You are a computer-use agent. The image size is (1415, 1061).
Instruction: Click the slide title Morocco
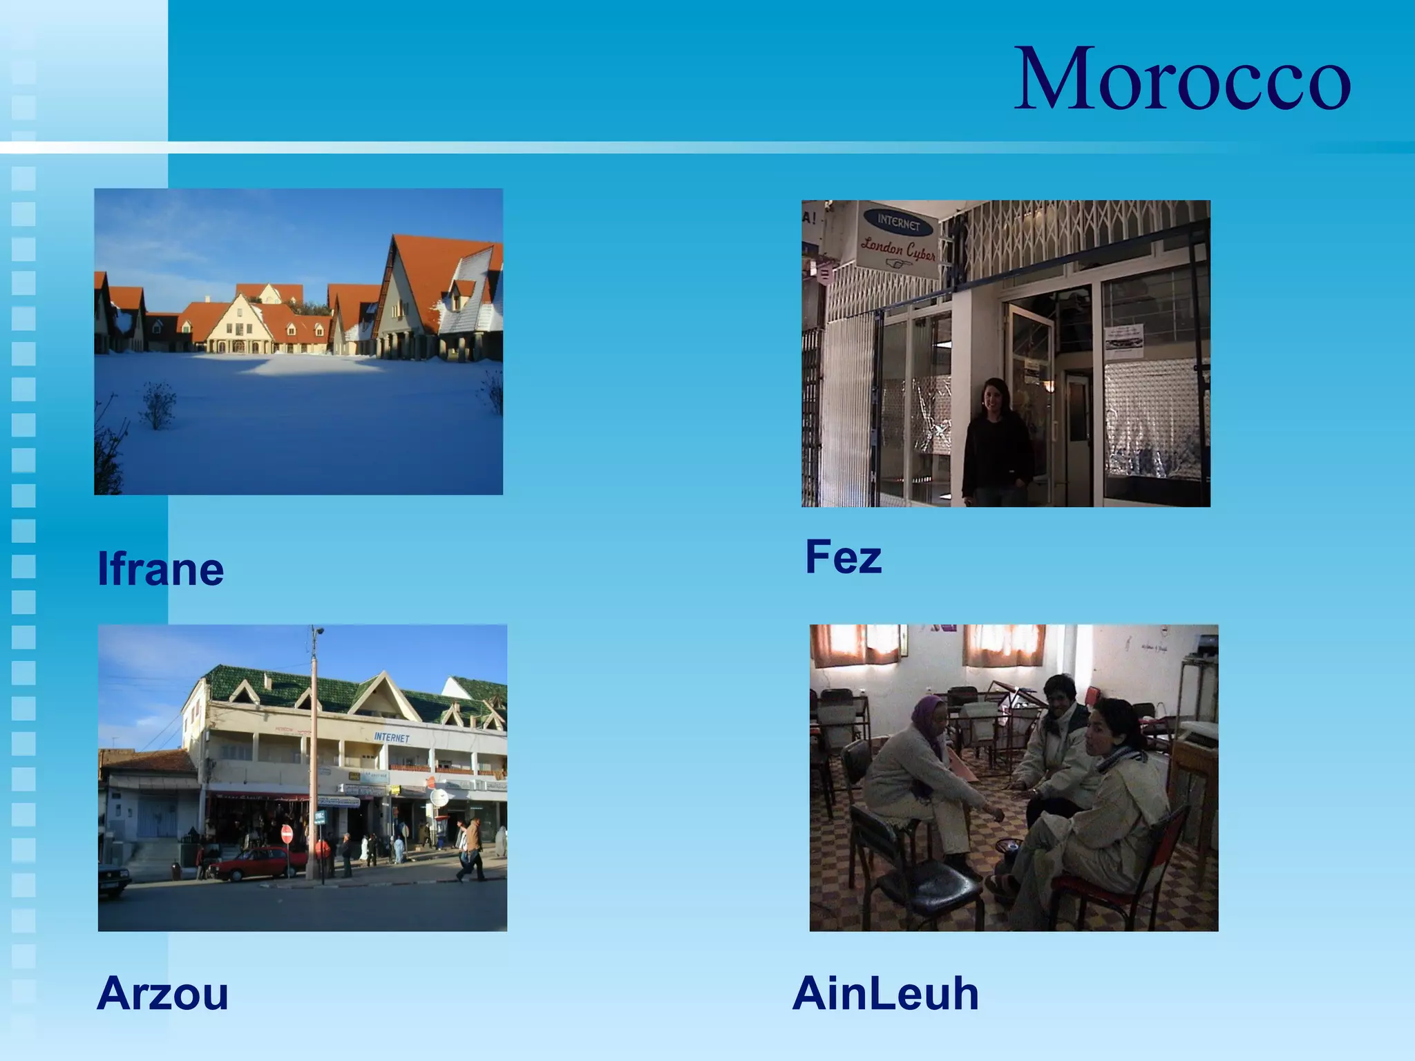1181,79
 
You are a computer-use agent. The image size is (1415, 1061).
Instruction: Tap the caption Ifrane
160,569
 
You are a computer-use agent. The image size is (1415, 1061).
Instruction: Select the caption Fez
843,557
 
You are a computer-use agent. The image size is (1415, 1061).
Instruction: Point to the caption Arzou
162,993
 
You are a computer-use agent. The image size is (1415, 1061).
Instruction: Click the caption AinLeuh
885,993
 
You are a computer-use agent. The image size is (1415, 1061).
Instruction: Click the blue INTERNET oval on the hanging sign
898,222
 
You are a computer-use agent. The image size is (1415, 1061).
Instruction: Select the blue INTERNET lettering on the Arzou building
392,738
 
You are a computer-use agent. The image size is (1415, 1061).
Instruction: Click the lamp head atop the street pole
318,631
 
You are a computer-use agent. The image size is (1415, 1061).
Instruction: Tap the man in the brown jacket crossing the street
472,846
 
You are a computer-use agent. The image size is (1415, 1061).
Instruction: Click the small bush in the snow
158,406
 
